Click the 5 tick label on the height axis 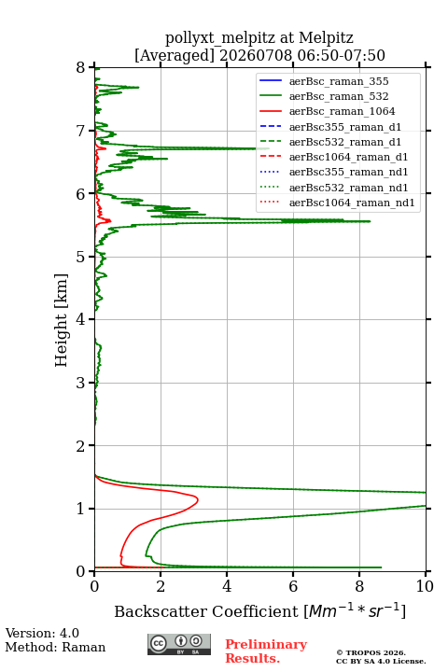click(x=81, y=257)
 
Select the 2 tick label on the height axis click(x=81, y=446)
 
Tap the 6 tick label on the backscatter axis click(x=293, y=586)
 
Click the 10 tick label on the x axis click(x=425, y=586)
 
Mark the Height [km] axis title click(x=62, y=320)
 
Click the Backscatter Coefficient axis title click(x=259, y=610)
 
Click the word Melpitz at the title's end click(x=326, y=37)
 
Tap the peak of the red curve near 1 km click(x=198, y=499)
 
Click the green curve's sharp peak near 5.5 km click(x=370, y=221)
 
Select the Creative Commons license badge click(x=179, y=644)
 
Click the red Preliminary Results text click(x=266, y=651)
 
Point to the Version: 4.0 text click(x=42, y=633)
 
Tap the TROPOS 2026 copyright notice click(x=371, y=652)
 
